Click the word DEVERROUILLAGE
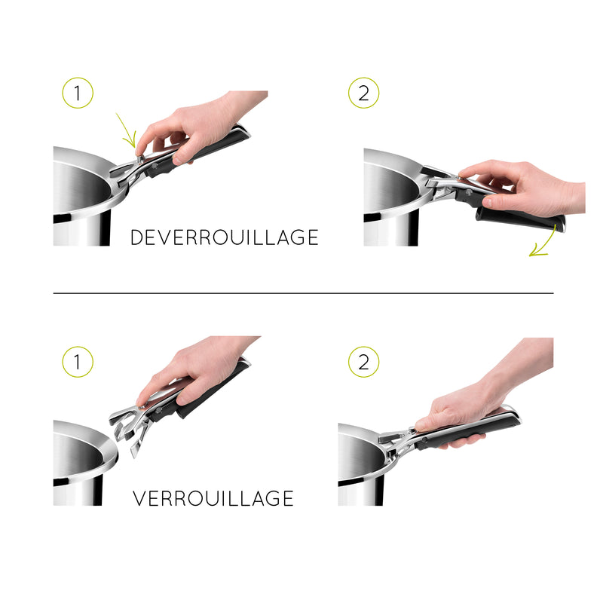coord(224,237)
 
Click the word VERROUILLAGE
coord(213,498)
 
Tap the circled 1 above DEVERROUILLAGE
coord(77,94)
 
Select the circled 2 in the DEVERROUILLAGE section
coord(363,94)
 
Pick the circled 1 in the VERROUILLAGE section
coord(77,362)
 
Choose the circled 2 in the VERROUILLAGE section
coord(363,362)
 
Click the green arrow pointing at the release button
coord(126,130)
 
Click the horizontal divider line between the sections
coord(301,292)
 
